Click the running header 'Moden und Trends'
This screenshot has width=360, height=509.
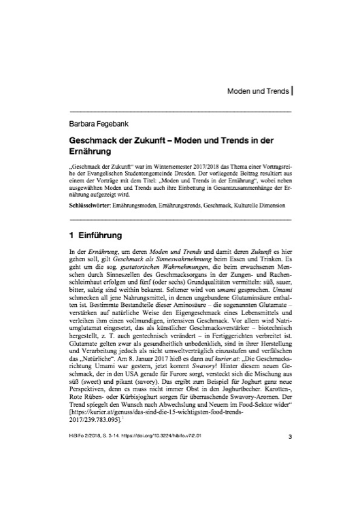[254, 90]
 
